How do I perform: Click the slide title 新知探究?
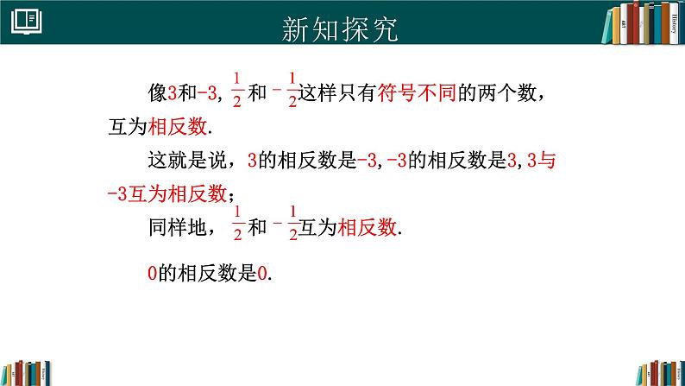click(342, 28)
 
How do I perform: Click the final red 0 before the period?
click(262, 275)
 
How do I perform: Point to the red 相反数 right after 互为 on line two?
click(179, 126)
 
